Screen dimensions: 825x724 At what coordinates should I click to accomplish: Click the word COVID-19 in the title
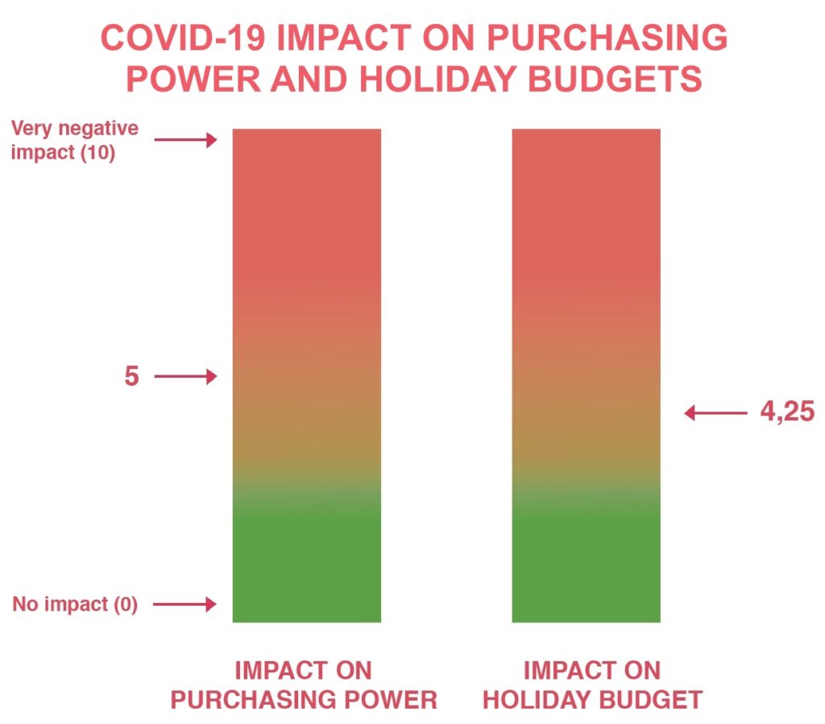pyautogui.click(x=183, y=38)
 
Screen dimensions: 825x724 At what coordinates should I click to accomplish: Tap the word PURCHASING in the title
pyautogui.click(x=607, y=38)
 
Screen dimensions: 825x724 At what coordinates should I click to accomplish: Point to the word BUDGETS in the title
pyautogui.click(x=615, y=79)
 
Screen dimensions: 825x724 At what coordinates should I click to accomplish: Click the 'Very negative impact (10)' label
pyautogui.click(x=74, y=140)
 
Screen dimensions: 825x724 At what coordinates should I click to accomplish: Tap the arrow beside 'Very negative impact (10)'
pyautogui.click(x=185, y=140)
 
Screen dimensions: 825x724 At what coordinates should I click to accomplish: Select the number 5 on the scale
pyautogui.click(x=131, y=376)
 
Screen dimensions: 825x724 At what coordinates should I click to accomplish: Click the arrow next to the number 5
pyautogui.click(x=185, y=376)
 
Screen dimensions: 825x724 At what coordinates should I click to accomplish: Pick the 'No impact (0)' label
pyautogui.click(x=75, y=604)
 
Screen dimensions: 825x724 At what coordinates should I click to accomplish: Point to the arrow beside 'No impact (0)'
pyautogui.click(x=184, y=604)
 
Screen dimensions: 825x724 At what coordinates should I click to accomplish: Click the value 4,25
pyautogui.click(x=787, y=412)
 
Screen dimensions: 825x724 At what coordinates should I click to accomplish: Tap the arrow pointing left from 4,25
pyautogui.click(x=715, y=413)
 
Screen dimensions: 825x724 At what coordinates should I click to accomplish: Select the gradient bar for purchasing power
pyautogui.click(x=307, y=375)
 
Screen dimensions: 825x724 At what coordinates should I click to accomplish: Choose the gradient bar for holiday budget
pyautogui.click(x=587, y=375)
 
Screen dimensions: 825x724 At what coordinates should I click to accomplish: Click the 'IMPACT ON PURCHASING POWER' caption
pyautogui.click(x=304, y=685)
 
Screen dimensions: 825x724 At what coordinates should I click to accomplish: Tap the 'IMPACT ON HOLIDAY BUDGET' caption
pyautogui.click(x=592, y=685)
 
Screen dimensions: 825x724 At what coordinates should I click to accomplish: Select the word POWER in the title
pyautogui.click(x=193, y=79)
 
